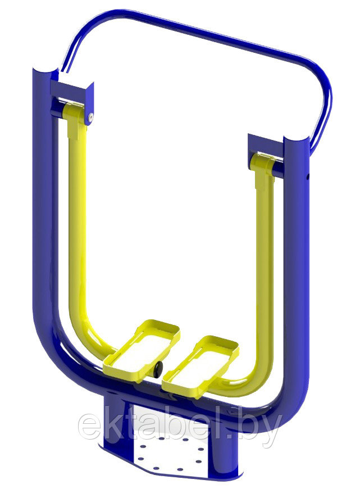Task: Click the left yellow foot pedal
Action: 142,351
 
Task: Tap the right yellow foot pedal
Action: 201,367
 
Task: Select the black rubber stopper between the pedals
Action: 157,369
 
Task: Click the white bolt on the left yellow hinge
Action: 91,117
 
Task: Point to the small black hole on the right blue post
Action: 308,178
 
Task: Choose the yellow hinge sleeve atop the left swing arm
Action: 75,115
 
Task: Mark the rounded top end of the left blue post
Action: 45,70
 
